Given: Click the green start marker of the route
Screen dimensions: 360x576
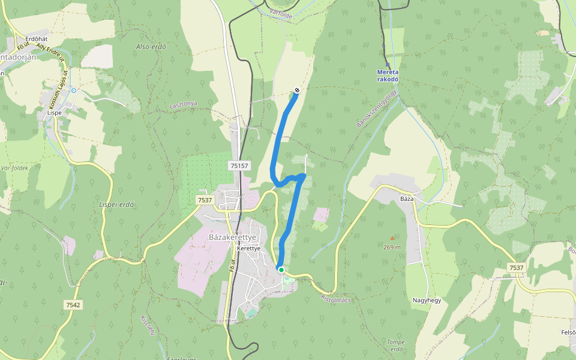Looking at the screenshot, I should [x=281, y=269].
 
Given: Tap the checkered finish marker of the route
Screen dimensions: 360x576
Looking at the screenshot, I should [x=297, y=91].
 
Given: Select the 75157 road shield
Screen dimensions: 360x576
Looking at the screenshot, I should [x=239, y=165].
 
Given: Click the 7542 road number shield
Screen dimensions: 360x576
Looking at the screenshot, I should [x=73, y=305].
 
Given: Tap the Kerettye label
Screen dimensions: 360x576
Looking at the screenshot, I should [x=248, y=248].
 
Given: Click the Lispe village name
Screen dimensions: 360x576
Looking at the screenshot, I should [x=55, y=112].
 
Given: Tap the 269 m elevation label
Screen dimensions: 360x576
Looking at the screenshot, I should [x=392, y=247].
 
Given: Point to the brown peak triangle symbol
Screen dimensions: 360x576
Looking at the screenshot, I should [x=393, y=238].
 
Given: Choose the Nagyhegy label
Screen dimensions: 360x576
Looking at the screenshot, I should [x=427, y=300].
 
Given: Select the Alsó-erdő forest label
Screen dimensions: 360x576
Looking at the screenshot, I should [x=151, y=47].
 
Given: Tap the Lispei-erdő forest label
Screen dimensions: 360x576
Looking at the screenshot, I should [x=116, y=204].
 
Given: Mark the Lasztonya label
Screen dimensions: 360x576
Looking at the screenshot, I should [x=183, y=104].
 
